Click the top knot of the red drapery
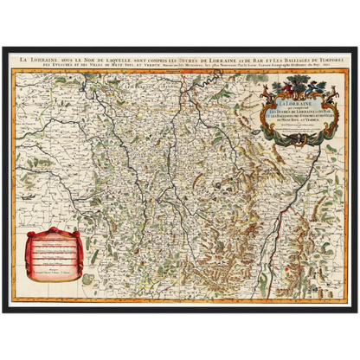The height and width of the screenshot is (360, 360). pyautogui.click(x=60, y=231)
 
